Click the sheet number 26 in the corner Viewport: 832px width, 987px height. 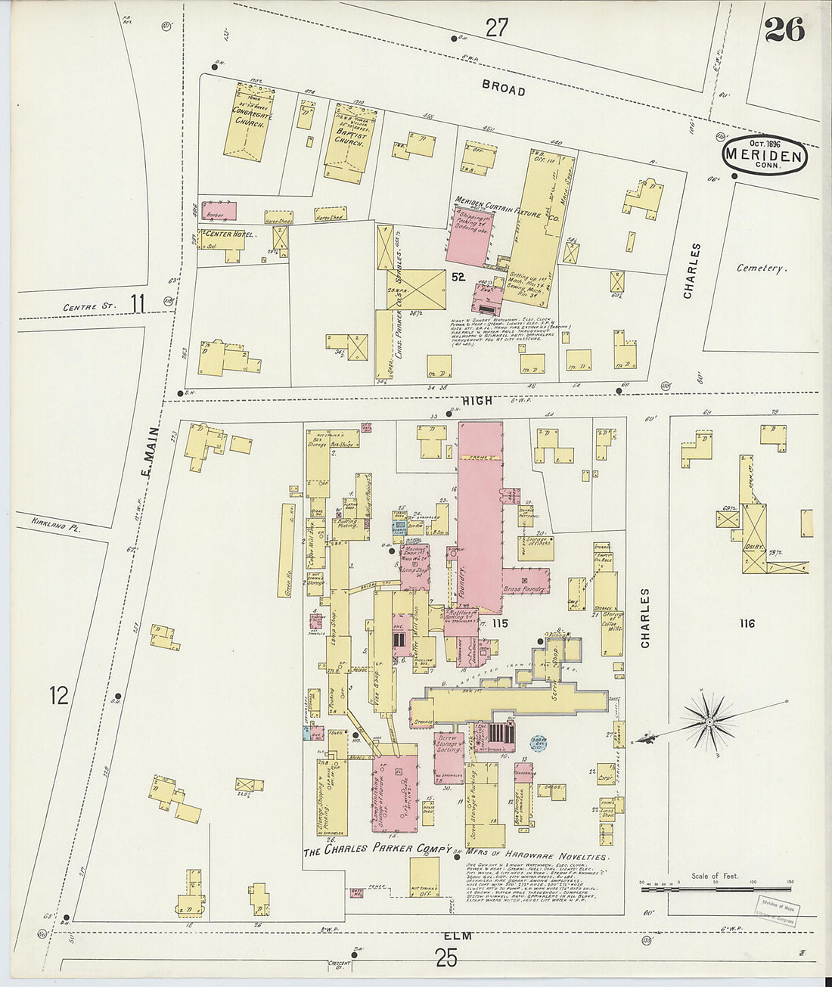(x=784, y=29)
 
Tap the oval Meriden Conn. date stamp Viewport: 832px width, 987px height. (x=764, y=155)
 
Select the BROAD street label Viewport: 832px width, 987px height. (x=504, y=88)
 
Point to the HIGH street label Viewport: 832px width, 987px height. (x=477, y=401)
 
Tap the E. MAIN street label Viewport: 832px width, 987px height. (x=151, y=452)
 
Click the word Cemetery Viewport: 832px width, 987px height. (x=761, y=268)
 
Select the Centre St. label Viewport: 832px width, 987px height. (x=90, y=307)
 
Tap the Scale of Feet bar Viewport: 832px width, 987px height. (x=715, y=889)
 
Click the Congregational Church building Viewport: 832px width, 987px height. (x=248, y=120)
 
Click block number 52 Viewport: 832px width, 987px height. (x=458, y=277)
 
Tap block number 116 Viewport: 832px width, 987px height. (x=747, y=623)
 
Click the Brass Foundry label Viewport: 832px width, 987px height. (x=524, y=588)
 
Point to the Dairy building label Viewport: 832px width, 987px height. (x=753, y=546)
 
